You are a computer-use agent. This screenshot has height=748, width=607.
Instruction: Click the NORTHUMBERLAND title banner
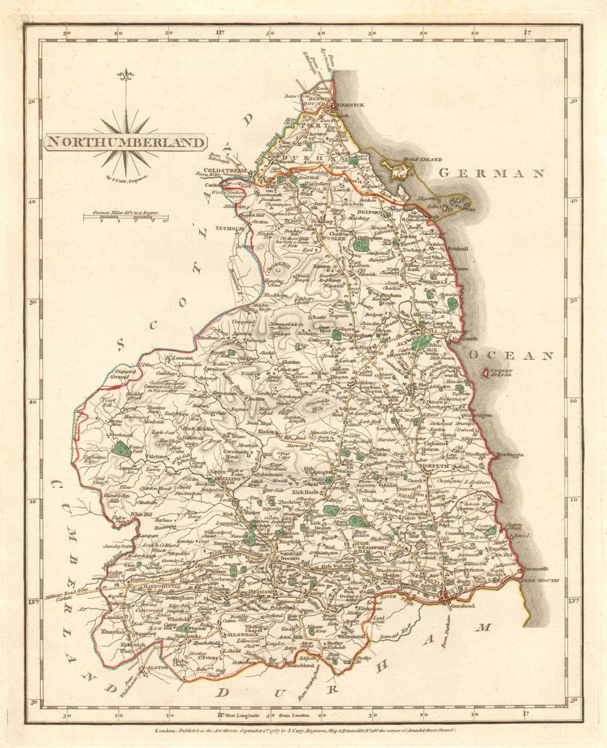coord(124,142)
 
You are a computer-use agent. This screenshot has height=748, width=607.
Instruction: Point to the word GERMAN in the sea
coord(491,174)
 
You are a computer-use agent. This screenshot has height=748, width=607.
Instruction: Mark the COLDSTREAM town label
coord(226,171)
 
